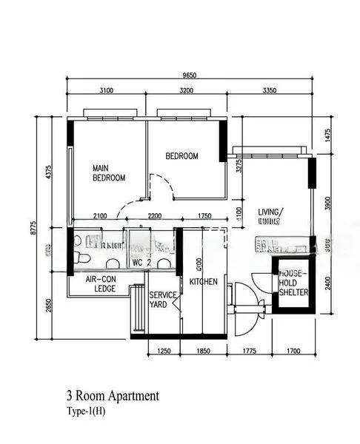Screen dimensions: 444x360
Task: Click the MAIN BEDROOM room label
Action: (x=108, y=172)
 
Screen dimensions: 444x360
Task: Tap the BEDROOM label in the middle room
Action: (x=181, y=156)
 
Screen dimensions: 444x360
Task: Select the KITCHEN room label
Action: (x=203, y=282)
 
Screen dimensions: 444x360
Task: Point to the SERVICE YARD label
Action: (x=163, y=300)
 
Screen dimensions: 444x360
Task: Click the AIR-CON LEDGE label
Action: (x=101, y=284)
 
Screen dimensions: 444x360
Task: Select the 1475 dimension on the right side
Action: (x=327, y=136)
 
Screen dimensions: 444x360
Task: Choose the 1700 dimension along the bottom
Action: (x=294, y=351)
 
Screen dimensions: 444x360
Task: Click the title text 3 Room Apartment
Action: (x=112, y=397)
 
